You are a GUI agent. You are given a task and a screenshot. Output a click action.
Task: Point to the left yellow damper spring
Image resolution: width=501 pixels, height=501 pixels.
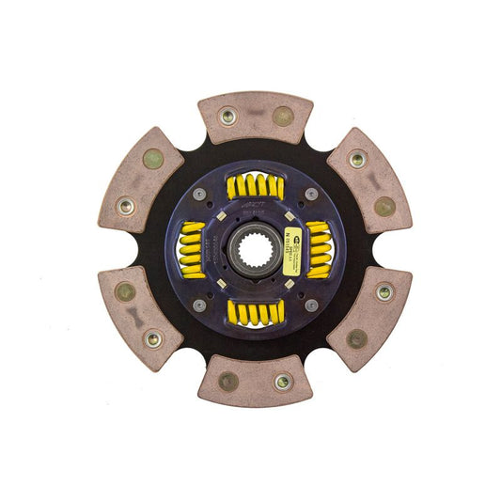(192, 250)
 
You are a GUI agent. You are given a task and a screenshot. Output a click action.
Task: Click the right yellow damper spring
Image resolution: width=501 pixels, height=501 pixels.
(318, 250)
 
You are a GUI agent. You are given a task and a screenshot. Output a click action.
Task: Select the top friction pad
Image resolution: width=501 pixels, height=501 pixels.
(255, 117)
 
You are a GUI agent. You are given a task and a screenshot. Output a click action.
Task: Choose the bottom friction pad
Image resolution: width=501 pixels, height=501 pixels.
(255, 381)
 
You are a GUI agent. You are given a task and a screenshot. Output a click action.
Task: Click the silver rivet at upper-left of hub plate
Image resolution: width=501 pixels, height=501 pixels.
(199, 194)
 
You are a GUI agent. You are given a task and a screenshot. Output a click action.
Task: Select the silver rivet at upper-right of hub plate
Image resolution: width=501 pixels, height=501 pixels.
(311, 194)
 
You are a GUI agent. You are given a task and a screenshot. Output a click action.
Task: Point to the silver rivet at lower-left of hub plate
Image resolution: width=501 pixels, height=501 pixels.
(199, 305)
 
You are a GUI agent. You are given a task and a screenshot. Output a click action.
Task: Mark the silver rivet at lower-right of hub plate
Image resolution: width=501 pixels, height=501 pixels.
(311, 305)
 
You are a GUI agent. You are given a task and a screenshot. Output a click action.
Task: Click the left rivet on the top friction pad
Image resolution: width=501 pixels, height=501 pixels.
(227, 117)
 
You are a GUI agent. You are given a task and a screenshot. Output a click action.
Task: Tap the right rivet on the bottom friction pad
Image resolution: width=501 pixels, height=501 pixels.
(282, 382)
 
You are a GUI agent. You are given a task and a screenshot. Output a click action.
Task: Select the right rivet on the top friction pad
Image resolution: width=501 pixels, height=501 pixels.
(282, 117)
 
